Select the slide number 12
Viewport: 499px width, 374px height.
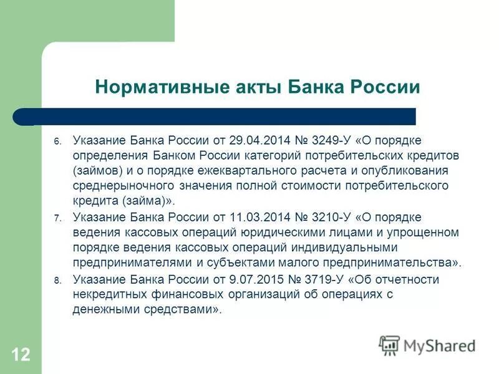point(20,355)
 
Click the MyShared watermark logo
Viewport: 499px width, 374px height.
point(428,345)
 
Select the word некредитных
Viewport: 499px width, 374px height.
point(107,295)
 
